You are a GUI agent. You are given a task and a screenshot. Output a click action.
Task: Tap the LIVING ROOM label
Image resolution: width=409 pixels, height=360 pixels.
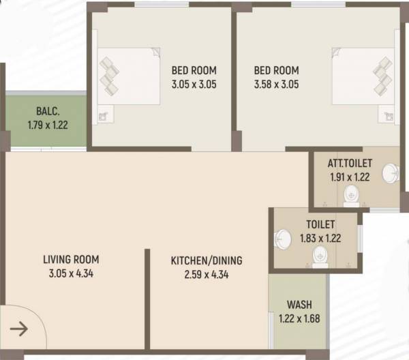pos(71,259)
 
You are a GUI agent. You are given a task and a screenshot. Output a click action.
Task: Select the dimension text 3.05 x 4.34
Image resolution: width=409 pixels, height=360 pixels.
pos(71,274)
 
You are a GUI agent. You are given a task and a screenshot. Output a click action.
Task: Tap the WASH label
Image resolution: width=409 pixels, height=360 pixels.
pos(299,304)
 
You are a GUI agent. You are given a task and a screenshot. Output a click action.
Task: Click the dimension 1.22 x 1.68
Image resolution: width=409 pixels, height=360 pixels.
pos(299,318)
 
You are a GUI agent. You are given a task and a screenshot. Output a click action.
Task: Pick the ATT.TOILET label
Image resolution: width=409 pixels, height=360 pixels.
pos(348,164)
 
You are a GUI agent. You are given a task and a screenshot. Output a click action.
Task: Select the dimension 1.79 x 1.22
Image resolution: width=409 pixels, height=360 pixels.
pos(48,125)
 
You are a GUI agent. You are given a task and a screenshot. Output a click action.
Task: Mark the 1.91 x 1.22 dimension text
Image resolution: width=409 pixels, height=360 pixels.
pos(349,177)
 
